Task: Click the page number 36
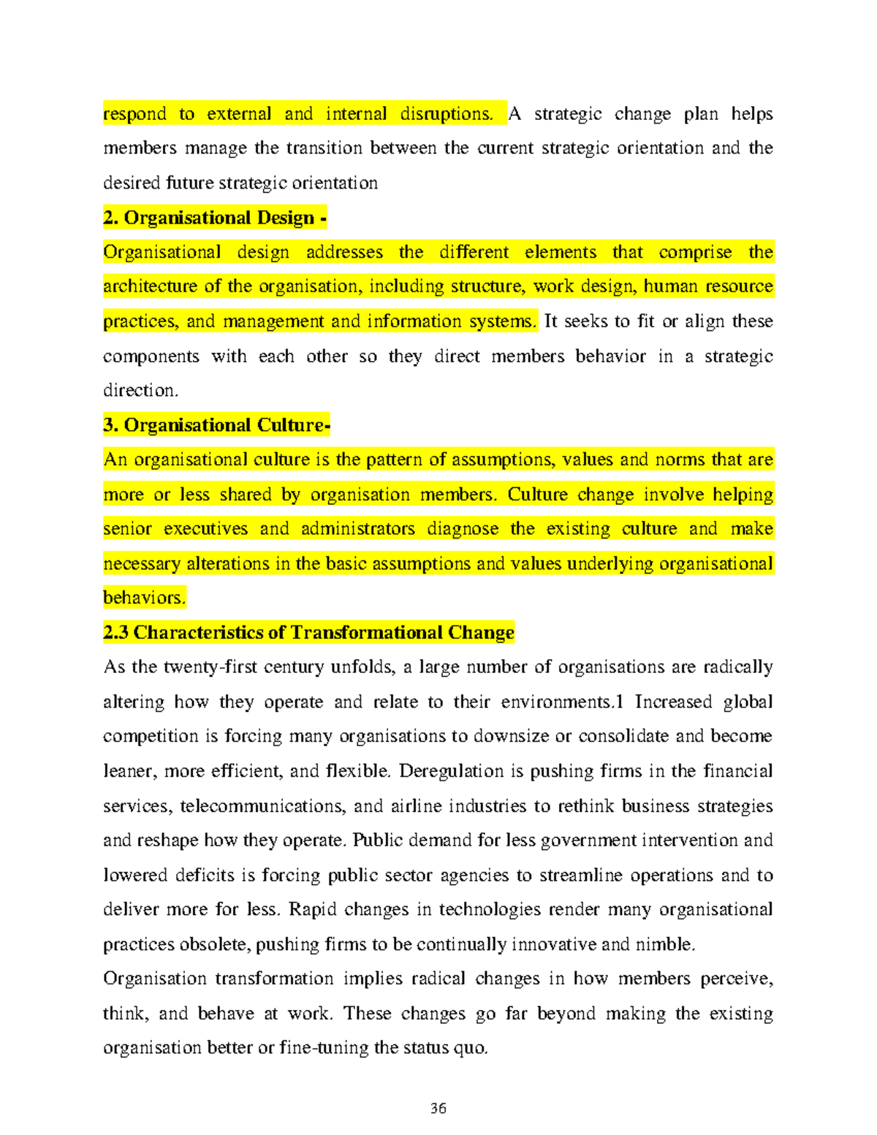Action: (x=438, y=1108)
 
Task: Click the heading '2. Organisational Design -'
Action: (x=215, y=218)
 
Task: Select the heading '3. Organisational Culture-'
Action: (x=217, y=425)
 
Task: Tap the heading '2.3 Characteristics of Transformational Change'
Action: (x=308, y=632)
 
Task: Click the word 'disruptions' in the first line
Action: (x=446, y=114)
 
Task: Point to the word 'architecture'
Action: (x=150, y=286)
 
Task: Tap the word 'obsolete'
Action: (x=214, y=944)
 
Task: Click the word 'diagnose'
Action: (x=463, y=529)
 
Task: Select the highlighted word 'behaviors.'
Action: (x=145, y=598)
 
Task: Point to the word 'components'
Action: (x=151, y=357)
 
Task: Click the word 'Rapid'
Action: (x=313, y=910)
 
